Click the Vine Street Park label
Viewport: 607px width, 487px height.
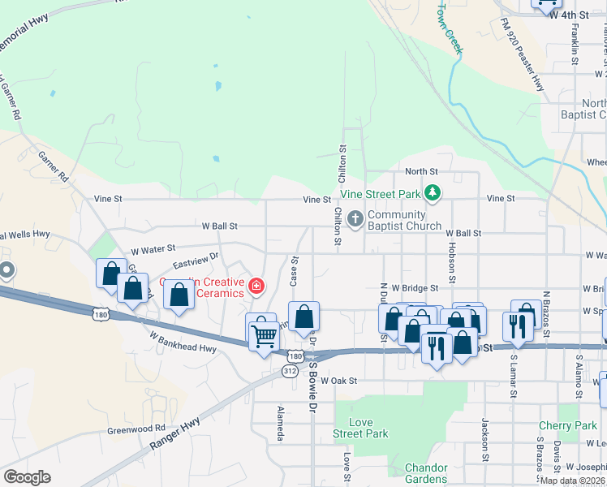click(x=380, y=194)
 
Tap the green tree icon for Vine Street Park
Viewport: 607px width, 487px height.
click(x=433, y=193)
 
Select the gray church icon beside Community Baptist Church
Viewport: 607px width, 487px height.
click(x=355, y=219)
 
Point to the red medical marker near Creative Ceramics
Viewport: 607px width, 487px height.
click(x=256, y=285)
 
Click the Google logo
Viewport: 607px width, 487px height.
click(x=27, y=477)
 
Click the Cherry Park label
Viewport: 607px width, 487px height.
click(x=567, y=425)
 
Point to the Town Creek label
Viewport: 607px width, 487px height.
click(x=450, y=28)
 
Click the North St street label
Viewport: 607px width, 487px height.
click(x=421, y=172)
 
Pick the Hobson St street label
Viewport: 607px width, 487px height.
click(x=449, y=256)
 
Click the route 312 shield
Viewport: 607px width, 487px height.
click(x=289, y=370)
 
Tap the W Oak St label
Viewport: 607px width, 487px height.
click(x=339, y=380)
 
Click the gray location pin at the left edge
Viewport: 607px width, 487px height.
click(x=6, y=271)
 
